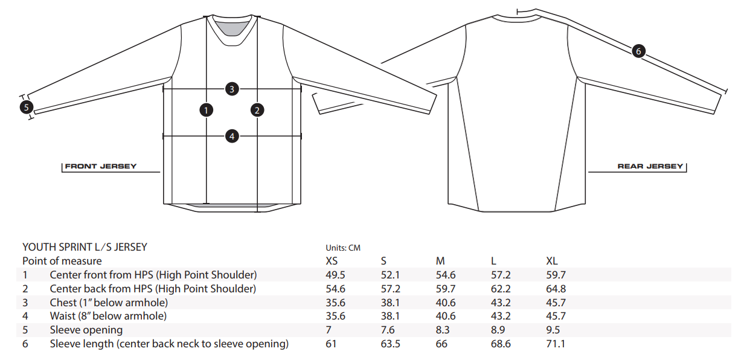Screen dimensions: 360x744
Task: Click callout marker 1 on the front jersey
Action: click(207, 110)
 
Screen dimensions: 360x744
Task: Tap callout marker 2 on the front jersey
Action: click(257, 110)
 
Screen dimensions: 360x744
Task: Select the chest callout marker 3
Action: click(232, 89)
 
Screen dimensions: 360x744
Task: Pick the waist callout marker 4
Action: click(232, 136)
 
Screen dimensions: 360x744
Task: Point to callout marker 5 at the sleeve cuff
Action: click(25, 108)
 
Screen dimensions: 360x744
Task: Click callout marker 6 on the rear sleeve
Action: click(639, 51)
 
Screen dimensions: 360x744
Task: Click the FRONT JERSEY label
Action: click(101, 166)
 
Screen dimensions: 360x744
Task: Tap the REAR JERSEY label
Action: click(650, 166)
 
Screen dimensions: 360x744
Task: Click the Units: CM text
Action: click(343, 248)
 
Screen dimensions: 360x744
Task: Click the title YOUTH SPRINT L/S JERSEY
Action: click(85, 247)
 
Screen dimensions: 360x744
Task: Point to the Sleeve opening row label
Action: click(86, 330)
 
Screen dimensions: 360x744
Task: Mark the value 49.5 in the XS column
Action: click(335, 275)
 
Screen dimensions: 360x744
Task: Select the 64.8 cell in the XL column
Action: click(556, 289)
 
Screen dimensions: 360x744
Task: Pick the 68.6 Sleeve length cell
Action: click(501, 344)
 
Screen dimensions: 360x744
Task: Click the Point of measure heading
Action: click(62, 261)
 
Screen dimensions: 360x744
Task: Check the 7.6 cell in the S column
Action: click(388, 330)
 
